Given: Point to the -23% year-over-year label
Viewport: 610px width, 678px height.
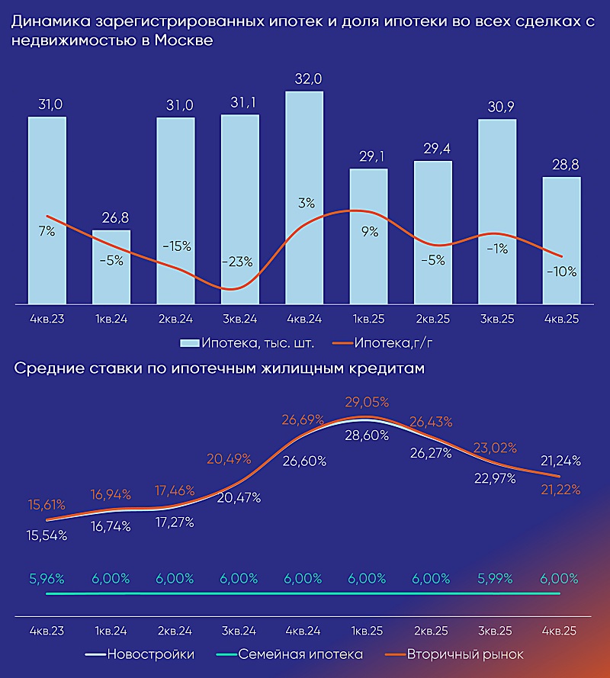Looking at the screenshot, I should point(239,262).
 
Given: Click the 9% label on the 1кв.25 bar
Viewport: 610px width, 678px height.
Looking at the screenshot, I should point(370,233).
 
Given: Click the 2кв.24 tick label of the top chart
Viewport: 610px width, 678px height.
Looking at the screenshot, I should point(175,318).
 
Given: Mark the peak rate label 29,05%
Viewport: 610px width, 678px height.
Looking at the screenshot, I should point(368,402).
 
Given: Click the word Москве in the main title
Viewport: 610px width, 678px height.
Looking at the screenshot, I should point(183,40).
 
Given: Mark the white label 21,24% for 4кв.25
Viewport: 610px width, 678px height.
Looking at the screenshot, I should point(561,461).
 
